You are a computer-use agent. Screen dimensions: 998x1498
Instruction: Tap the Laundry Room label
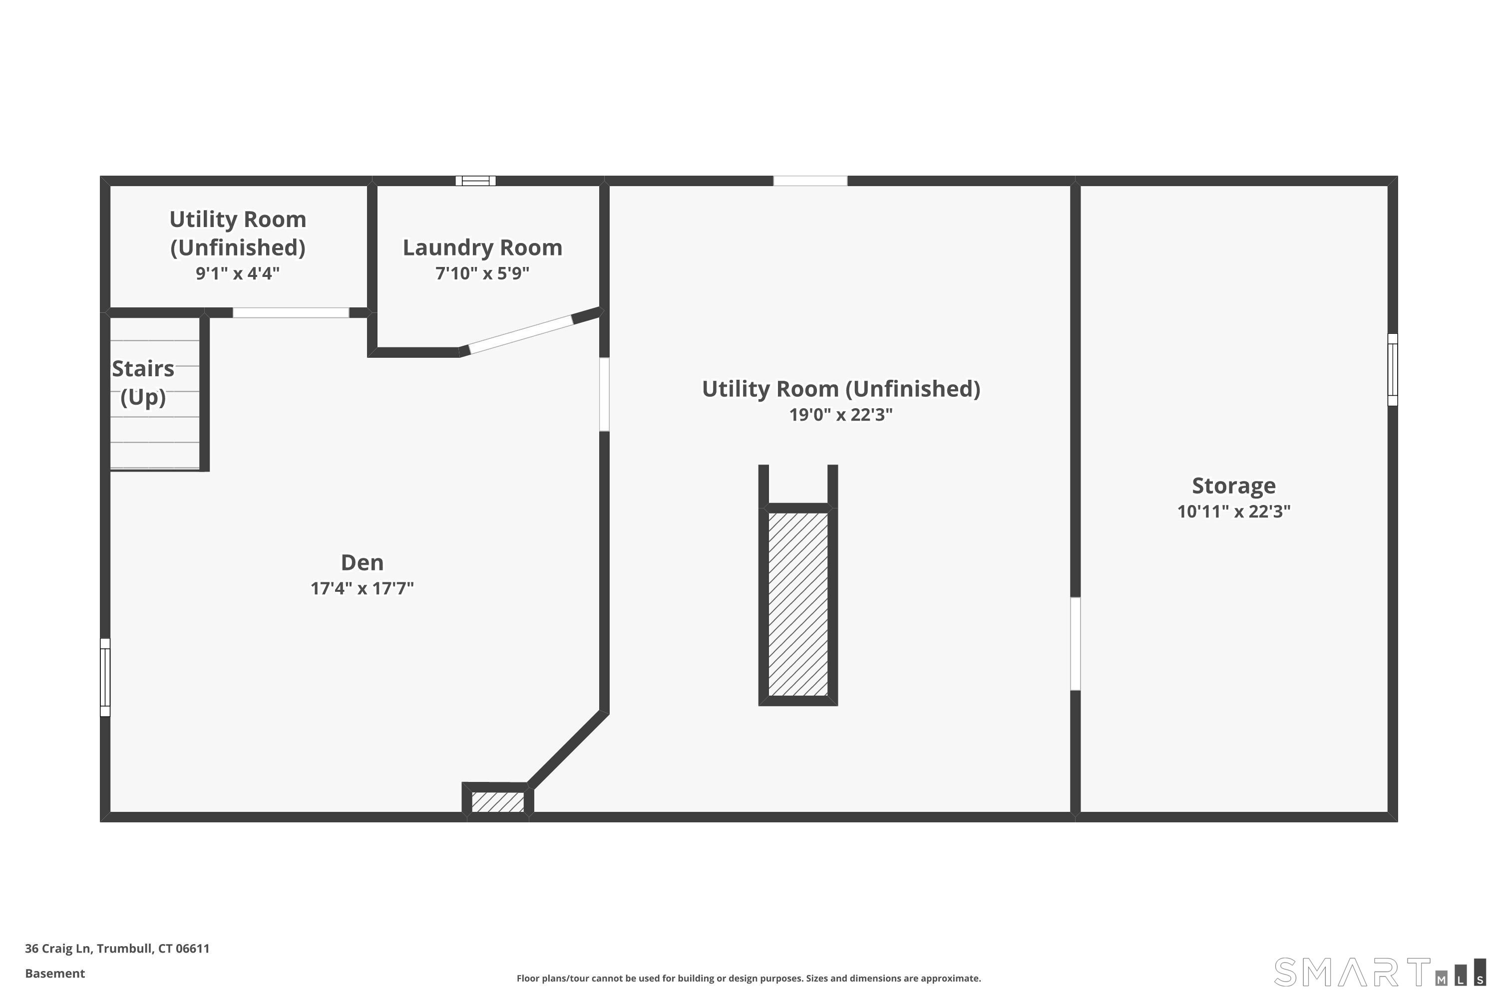click(x=482, y=247)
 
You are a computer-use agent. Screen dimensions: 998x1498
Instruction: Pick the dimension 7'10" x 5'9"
click(x=482, y=273)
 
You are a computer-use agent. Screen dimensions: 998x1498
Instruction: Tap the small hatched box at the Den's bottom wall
click(x=497, y=802)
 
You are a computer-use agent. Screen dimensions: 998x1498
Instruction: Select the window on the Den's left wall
click(x=105, y=677)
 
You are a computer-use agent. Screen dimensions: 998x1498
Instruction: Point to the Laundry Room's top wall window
click(x=475, y=181)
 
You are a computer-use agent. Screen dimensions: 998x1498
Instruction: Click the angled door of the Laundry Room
click(x=520, y=334)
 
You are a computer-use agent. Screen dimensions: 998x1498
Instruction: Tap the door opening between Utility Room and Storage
click(x=1075, y=644)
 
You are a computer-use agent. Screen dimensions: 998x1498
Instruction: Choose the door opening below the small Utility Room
click(x=291, y=312)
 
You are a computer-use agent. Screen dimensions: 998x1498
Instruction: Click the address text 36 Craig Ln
click(x=117, y=949)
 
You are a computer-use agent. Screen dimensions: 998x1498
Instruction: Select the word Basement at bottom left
click(x=55, y=973)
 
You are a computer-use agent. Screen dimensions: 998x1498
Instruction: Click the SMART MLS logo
click(x=1379, y=972)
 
